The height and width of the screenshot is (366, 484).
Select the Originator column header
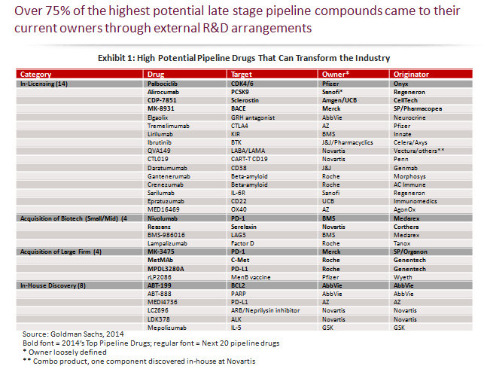(x=410, y=75)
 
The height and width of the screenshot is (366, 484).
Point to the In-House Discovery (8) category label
(x=53, y=285)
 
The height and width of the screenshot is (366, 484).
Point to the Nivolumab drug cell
(x=154, y=217)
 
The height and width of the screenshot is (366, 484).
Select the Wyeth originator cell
(x=403, y=276)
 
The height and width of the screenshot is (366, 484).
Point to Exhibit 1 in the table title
(x=123, y=58)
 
